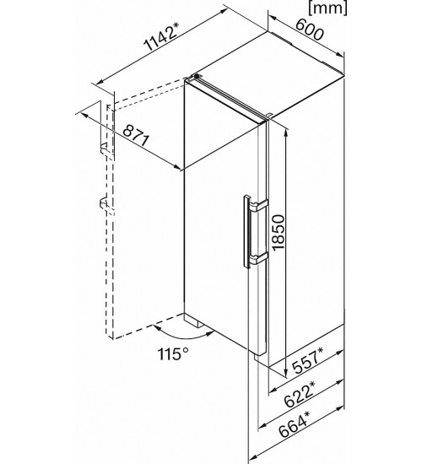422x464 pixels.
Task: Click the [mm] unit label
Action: point(327,7)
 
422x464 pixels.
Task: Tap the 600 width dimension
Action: point(309,30)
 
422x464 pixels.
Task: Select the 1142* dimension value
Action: point(161,36)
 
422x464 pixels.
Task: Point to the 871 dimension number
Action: point(135,136)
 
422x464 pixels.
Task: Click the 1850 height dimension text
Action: point(279,233)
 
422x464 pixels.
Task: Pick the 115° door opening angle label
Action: point(174,353)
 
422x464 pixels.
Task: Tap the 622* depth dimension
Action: point(299,394)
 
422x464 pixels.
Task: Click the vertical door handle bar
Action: point(246,232)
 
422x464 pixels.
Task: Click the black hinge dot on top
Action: point(197,76)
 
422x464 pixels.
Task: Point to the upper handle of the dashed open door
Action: point(104,148)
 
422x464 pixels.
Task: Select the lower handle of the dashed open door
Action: point(103,204)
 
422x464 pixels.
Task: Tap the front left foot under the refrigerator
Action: point(193,321)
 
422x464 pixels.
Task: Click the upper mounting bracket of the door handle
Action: point(259,205)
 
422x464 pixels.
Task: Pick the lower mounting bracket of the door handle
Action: point(258,258)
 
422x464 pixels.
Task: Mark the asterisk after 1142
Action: point(176,26)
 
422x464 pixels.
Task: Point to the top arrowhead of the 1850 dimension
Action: point(286,132)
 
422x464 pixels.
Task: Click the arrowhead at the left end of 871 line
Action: point(85,116)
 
